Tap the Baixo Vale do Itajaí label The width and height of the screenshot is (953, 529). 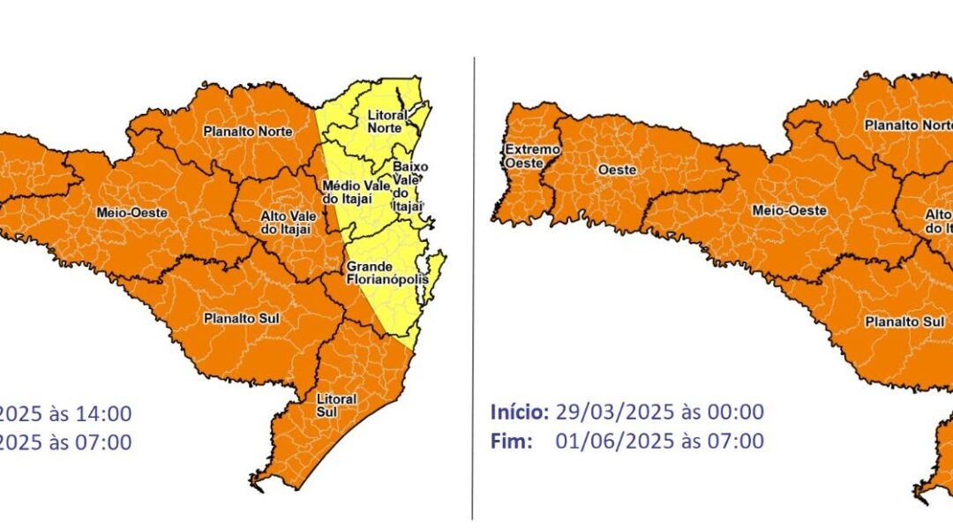(409, 185)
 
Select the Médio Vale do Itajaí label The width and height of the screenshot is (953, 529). (347, 193)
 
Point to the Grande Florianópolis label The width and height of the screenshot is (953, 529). (386, 272)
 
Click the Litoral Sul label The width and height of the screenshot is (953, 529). (337, 405)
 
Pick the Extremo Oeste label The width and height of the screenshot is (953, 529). (531, 156)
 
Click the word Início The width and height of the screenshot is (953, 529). (520, 412)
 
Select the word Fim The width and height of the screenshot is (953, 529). (510, 441)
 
